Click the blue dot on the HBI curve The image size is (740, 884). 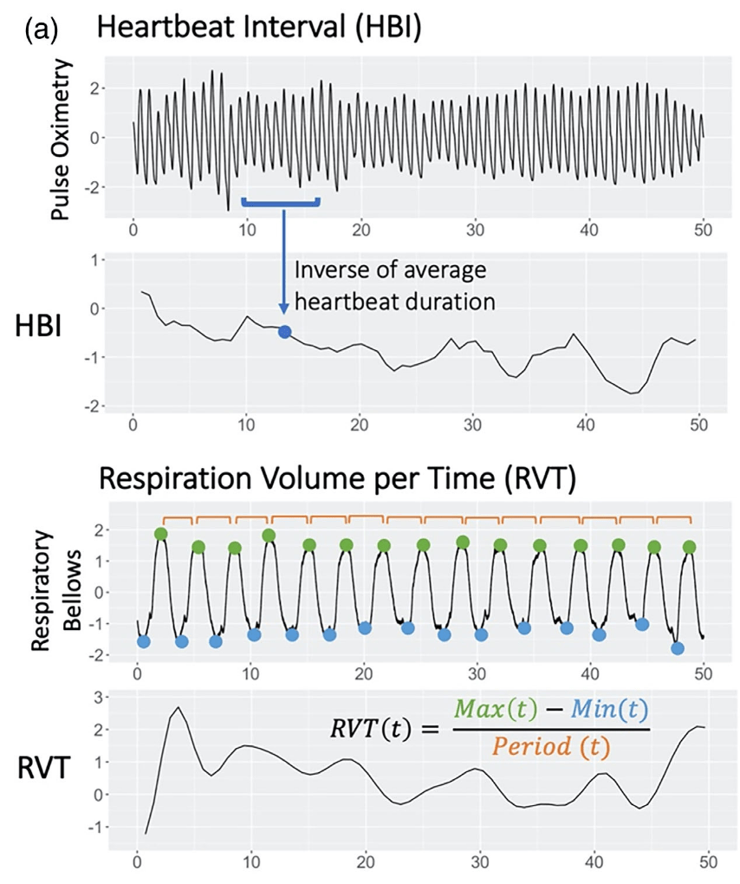(284, 331)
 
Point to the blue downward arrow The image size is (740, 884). (283, 260)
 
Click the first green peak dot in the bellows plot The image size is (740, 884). (160, 534)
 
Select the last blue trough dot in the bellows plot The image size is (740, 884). (678, 648)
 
